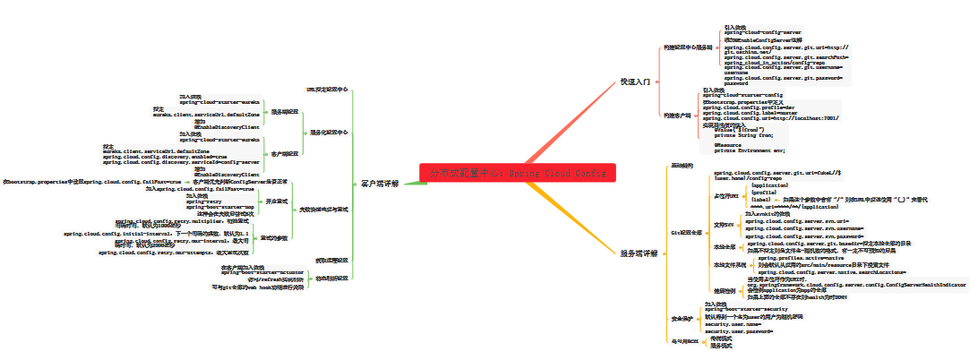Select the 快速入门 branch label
click(636, 81)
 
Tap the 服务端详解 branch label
click(639, 253)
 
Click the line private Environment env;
click(749, 150)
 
